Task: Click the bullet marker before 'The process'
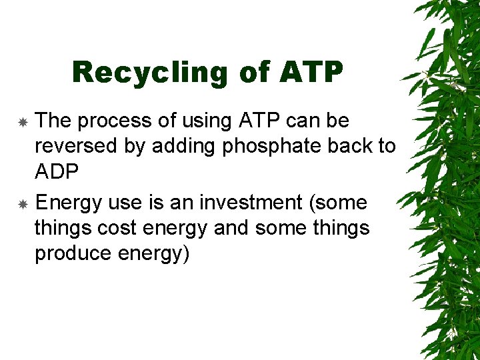click(22, 123)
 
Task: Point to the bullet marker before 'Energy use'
click(22, 203)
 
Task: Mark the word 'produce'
click(73, 253)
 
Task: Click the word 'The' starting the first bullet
click(53, 121)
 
